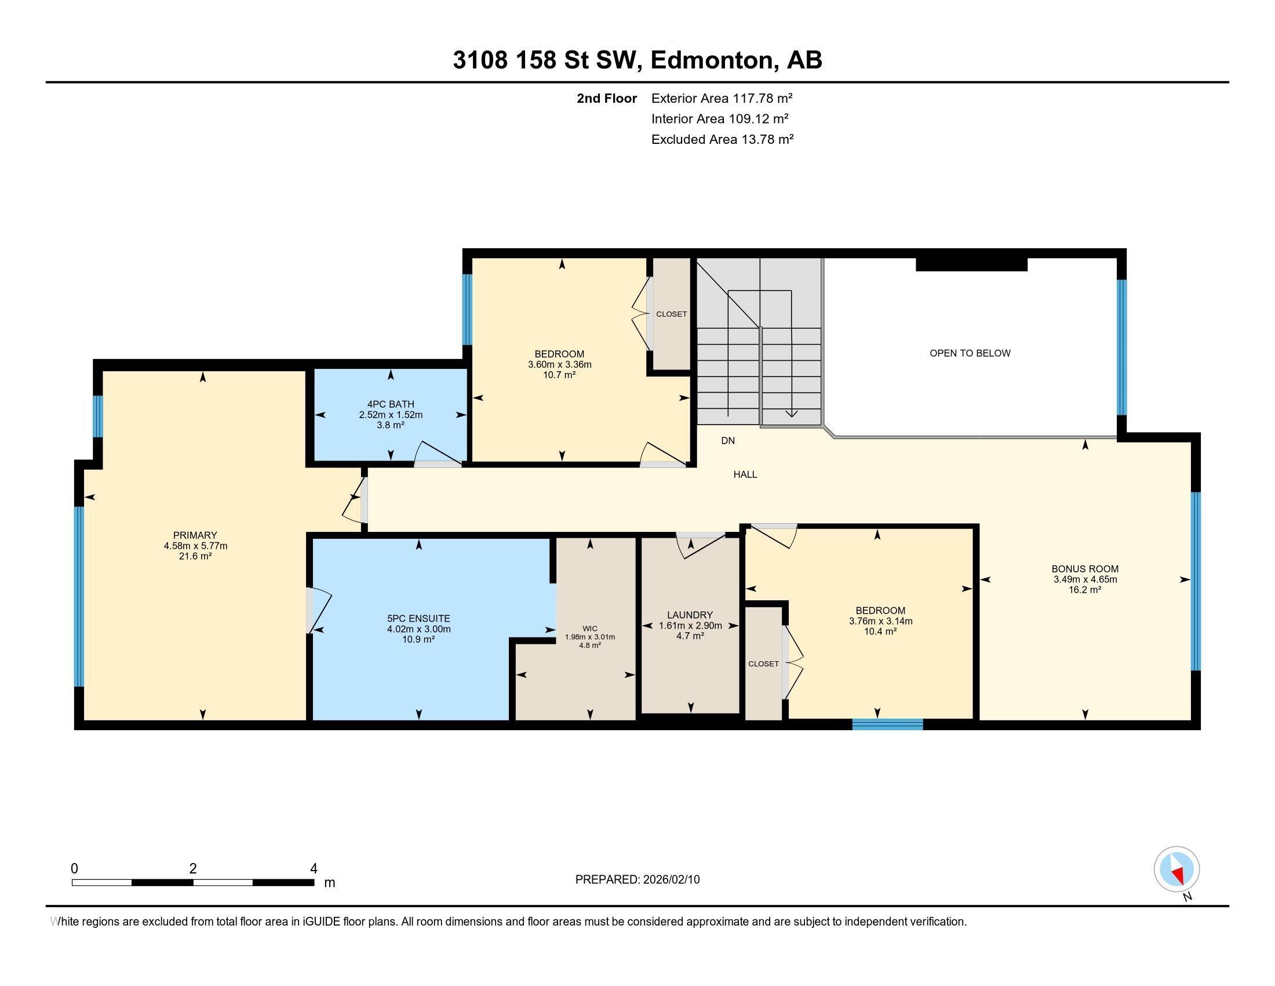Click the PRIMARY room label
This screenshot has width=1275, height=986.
[195, 535]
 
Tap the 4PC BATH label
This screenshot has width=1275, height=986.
[391, 404]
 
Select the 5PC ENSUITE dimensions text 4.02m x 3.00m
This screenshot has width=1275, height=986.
[418, 629]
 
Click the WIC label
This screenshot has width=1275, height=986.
[589, 629]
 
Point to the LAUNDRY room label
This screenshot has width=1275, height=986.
[690, 615]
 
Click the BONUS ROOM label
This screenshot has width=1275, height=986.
[1085, 569]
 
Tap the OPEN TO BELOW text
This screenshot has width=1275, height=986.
[970, 353]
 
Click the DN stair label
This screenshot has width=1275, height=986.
[727, 441]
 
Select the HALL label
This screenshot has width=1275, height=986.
[745, 475]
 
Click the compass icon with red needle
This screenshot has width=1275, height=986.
[1176, 869]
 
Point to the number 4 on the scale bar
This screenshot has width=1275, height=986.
[314, 869]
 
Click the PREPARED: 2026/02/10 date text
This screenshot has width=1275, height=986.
[637, 880]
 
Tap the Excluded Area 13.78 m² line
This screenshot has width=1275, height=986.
[722, 140]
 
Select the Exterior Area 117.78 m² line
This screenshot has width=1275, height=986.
[722, 98]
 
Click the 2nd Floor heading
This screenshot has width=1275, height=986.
[607, 99]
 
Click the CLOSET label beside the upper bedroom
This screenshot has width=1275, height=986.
[671, 314]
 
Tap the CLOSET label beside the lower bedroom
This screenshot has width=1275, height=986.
[763, 664]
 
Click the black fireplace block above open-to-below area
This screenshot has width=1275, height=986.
[971, 264]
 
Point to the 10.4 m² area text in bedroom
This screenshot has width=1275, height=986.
[880, 632]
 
